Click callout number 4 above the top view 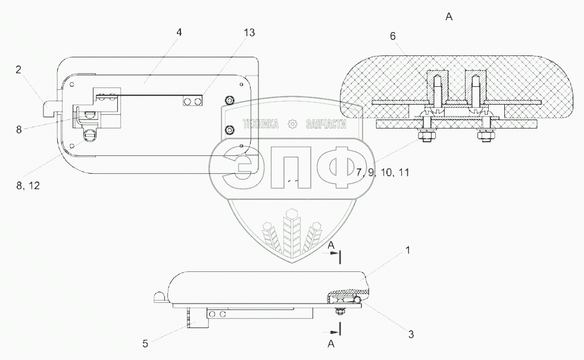(179, 32)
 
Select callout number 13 (249, 33)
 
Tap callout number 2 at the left (18, 70)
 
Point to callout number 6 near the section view (392, 36)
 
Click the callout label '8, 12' (28, 185)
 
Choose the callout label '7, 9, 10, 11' (383, 173)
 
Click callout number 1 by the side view (408, 250)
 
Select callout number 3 (411, 334)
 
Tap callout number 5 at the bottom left (145, 343)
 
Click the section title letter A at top (449, 17)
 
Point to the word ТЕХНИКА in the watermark (260, 124)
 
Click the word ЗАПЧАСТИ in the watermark (326, 124)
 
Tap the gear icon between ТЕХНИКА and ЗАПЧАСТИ (292, 124)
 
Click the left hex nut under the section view (426, 136)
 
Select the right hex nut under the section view (483, 136)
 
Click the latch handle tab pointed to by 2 (51, 109)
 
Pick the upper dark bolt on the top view (230, 100)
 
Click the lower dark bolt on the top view (230, 130)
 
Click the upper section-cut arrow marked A (334, 253)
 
